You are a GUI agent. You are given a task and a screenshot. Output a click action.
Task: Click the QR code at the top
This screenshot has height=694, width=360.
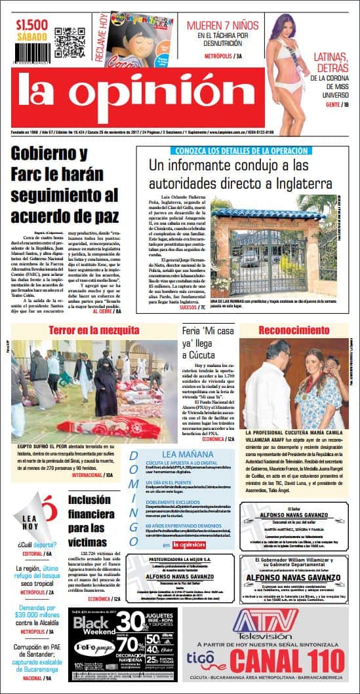pos(70,41)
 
